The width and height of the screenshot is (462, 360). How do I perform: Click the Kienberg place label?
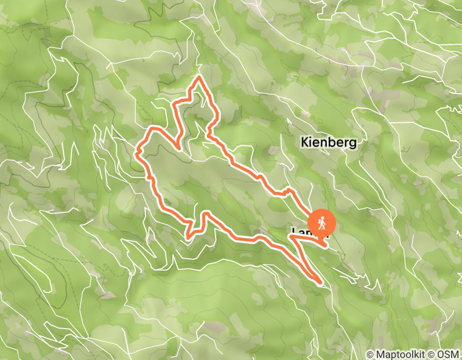point(329,142)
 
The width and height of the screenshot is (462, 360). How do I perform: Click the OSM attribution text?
point(448,354)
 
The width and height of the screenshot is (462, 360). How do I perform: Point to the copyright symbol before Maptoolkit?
point(370,354)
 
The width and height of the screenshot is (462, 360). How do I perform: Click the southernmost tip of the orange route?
point(321,282)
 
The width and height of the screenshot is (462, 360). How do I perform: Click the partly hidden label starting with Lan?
point(300,231)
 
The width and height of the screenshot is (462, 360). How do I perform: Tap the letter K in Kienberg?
point(305,142)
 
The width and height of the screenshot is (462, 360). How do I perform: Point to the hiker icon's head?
point(323,218)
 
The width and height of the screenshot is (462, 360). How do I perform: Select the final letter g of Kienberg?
point(353,143)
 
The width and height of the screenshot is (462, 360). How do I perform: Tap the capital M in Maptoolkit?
point(379,354)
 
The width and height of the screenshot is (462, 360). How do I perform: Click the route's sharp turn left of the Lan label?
point(291,237)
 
